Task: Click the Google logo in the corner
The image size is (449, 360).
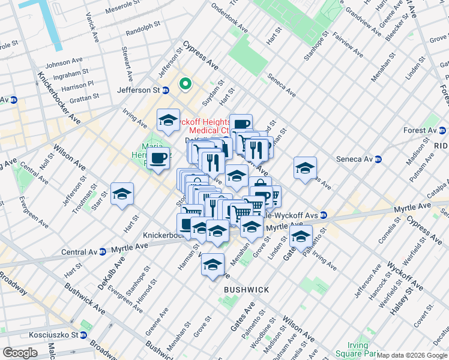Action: coord(20,353)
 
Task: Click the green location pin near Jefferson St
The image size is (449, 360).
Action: coord(185,85)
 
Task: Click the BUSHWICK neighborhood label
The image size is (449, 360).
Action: coord(246,290)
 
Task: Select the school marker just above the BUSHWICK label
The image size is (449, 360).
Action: coord(212,265)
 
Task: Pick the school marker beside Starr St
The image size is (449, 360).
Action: coord(122,194)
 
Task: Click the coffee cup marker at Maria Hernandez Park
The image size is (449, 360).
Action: coord(158,158)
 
